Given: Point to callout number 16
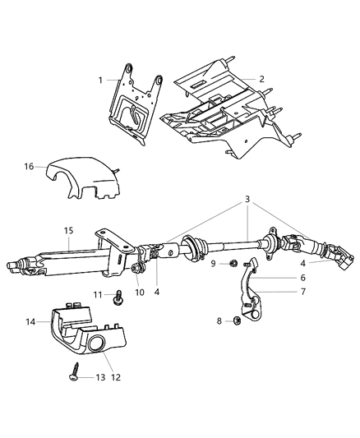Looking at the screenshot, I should pos(29,166).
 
